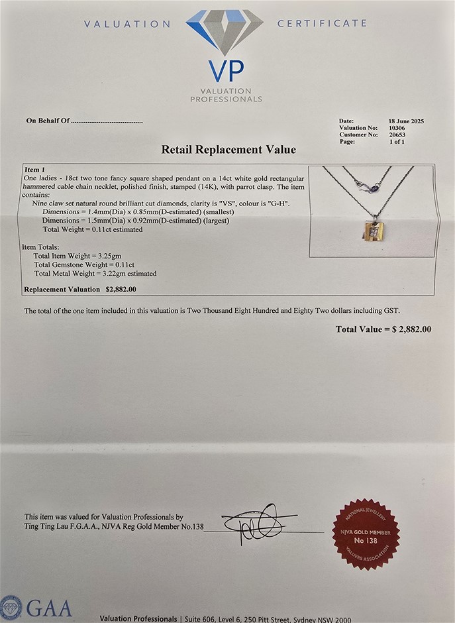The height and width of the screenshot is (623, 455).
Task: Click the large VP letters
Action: pos(226,71)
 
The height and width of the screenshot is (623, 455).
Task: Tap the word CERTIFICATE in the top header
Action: pos(321,23)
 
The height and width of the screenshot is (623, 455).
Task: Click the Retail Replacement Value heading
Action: pos(228,150)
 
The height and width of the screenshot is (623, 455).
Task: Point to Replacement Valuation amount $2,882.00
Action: pos(121,290)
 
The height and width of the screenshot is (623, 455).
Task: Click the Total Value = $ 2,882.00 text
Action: pos(383,329)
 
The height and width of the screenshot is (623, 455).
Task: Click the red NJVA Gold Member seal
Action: pos(366,534)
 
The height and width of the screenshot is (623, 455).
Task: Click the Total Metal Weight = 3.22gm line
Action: pos(95,273)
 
